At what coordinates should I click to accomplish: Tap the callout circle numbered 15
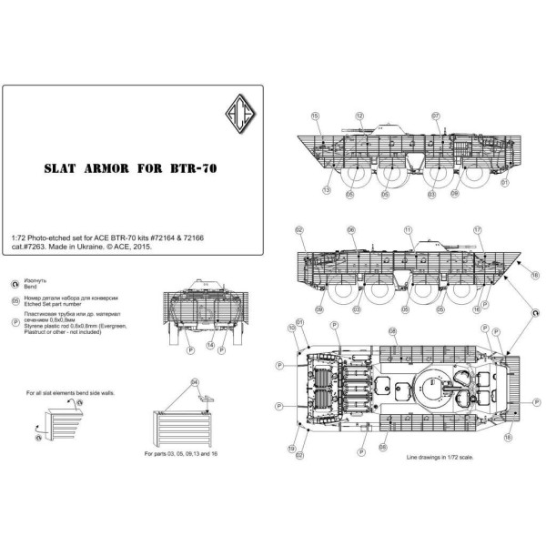pyautogui.click(x=315, y=116)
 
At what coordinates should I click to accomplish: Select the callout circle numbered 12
pyautogui.click(x=359, y=116)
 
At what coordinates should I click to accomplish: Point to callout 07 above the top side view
pyautogui.click(x=436, y=116)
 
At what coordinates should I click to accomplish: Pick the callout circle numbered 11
pyautogui.click(x=409, y=230)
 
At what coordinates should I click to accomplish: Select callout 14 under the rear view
pyautogui.click(x=210, y=347)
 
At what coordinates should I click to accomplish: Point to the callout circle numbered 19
pyautogui.click(x=290, y=449)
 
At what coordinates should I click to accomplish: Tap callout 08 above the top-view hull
pyautogui.click(x=392, y=331)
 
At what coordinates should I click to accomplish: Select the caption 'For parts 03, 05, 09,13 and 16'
pyautogui.click(x=188, y=452)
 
